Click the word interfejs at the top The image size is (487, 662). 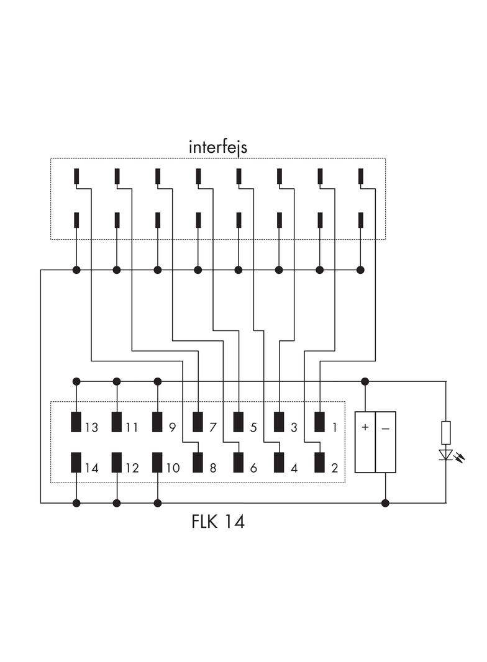click(x=217, y=147)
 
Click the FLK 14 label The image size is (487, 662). click(x=218, y=522)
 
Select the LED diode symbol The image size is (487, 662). click(x=445, y=455)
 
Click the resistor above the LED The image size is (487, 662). click(x=445, y=432)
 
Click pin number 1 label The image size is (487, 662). click(x=334, y=428)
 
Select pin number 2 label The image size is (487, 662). click(x=334, y=468)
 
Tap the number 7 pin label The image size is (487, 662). click(x=212, y=428)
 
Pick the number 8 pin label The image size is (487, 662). click(x=212, y=468)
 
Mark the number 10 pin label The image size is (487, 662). click(x=173, y=468)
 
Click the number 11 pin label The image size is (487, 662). click(x=132, y=428)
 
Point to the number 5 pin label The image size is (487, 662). click(x=253, y=428)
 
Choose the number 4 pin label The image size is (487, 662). click(x=294, y=468)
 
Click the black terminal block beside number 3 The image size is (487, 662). click(x=279, y=422)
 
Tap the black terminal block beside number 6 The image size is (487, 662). click(x=239, y=463)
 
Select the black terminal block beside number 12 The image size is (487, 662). click(x=117, y=463)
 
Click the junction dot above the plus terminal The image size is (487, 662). click(x=365, y=381)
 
